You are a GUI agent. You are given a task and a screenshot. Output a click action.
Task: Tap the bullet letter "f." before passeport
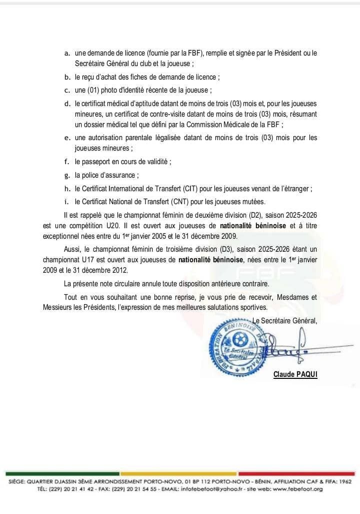(67, 162)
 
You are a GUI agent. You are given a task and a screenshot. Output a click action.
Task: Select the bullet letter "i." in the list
(67, 202)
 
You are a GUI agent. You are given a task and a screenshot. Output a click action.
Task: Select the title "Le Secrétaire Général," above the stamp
(285, 321)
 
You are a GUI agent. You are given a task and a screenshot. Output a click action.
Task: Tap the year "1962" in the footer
(344, 481)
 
